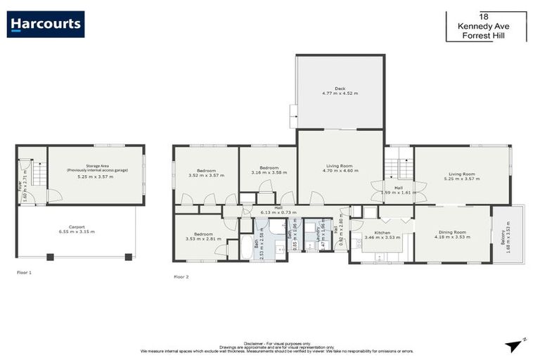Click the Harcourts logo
46,25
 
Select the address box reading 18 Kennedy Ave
485,26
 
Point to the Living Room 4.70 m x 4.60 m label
340,169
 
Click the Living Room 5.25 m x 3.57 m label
462,176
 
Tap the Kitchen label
382,234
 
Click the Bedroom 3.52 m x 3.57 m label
206,173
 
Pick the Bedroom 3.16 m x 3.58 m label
267,170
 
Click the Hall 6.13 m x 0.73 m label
271,210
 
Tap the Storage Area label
95,172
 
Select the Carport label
77,229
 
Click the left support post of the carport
50,257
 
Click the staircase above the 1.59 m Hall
399,169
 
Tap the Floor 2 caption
181,277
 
